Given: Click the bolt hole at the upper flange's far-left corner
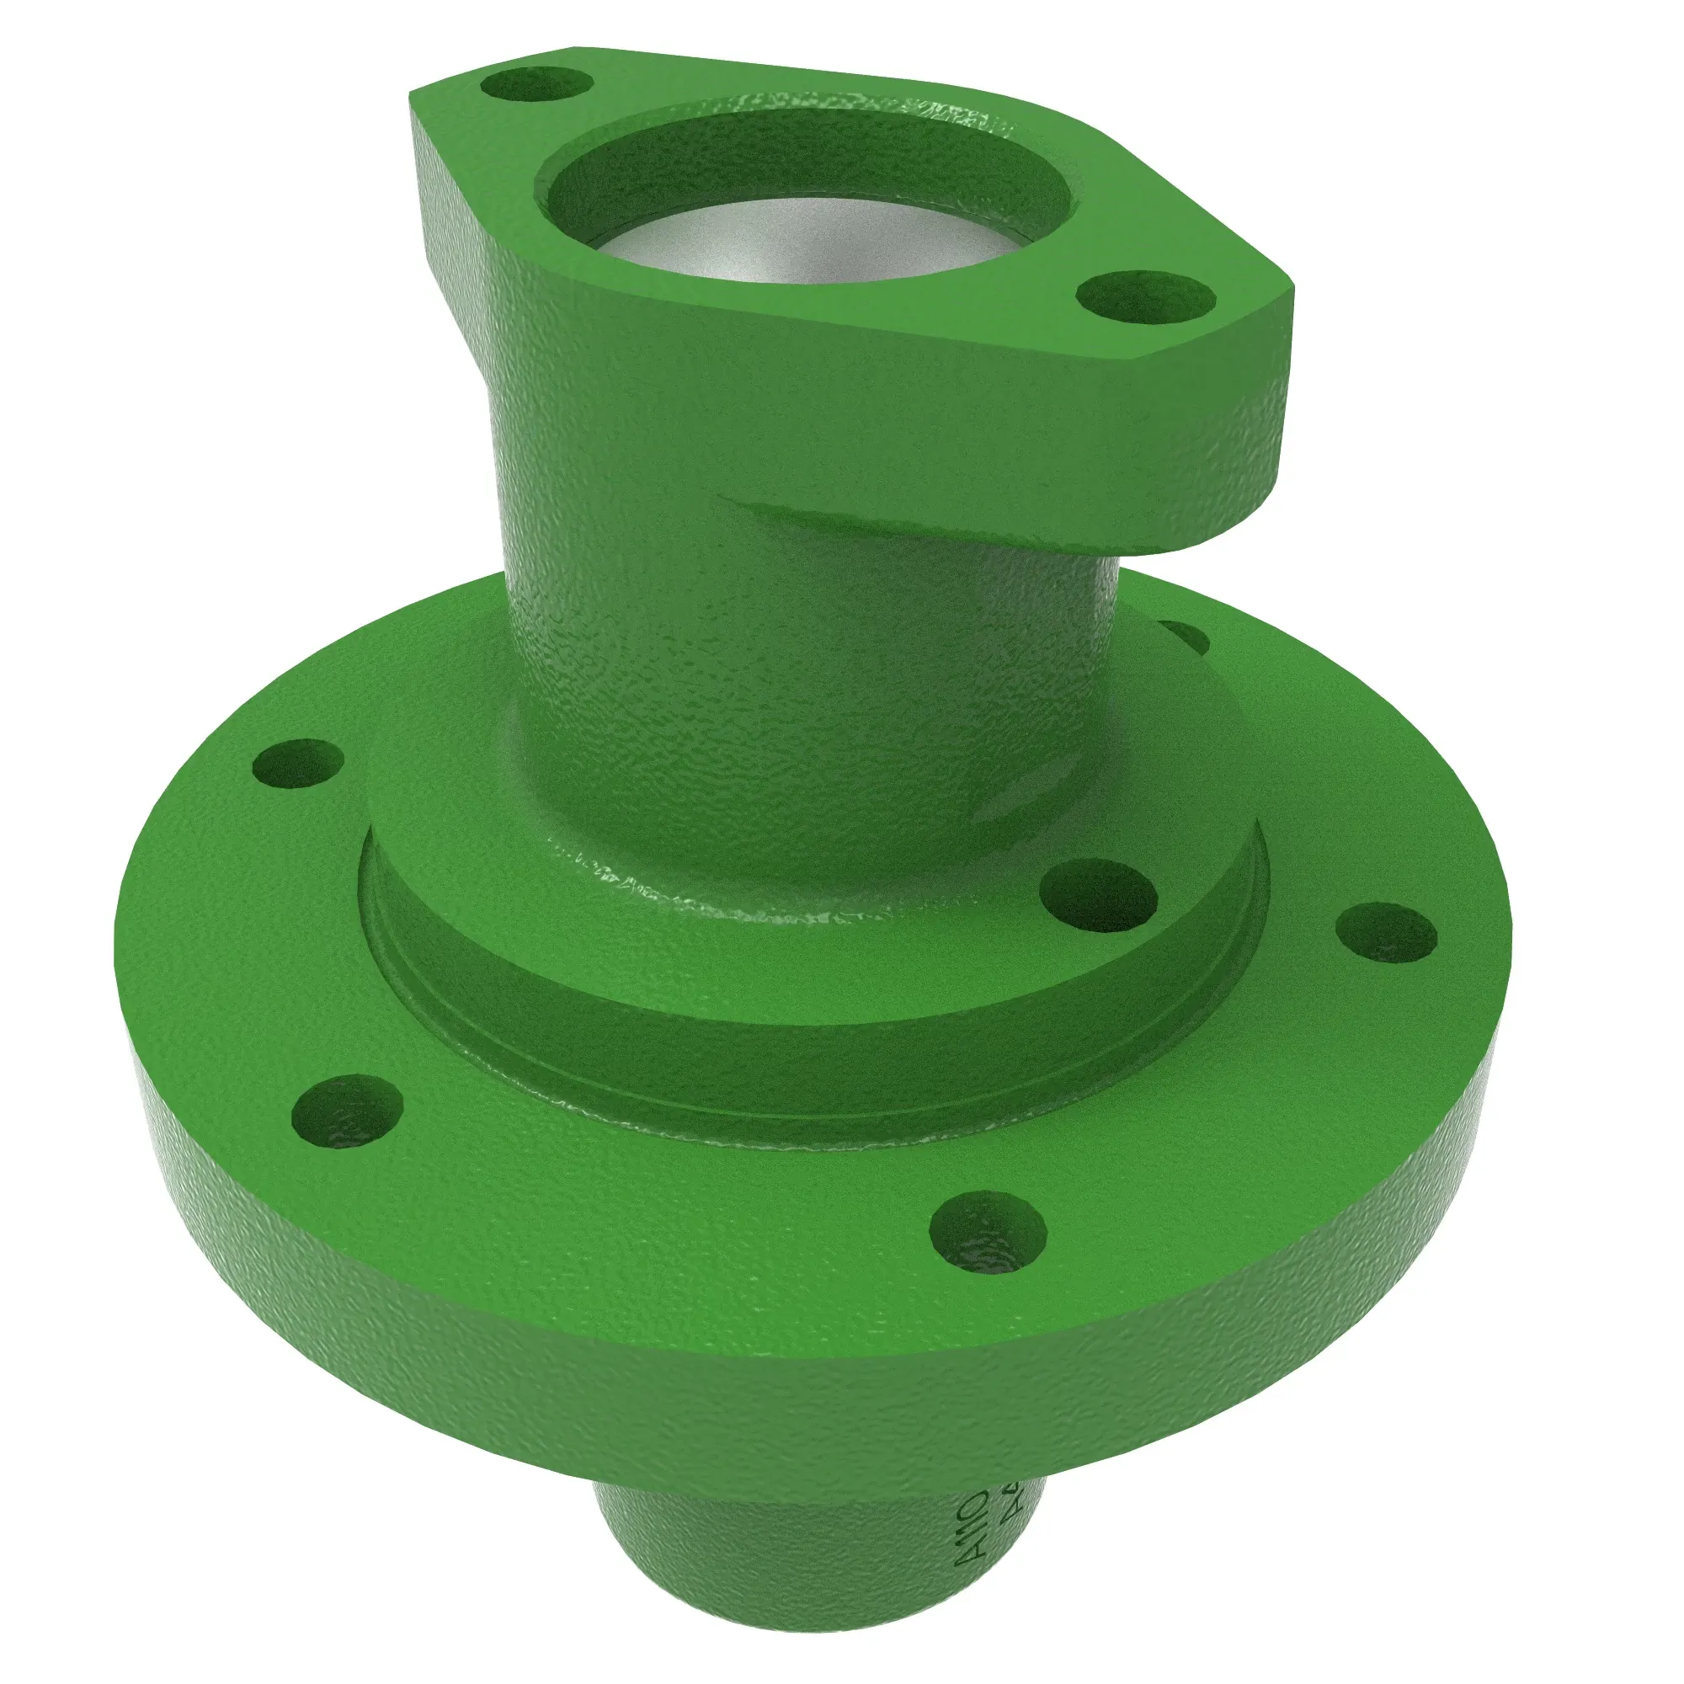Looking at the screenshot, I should click(536, 88).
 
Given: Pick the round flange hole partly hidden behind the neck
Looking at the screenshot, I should click(1186, 637).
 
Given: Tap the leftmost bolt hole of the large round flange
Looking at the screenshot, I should click(296, 765).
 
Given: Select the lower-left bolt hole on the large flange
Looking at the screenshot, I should click(347, 1111).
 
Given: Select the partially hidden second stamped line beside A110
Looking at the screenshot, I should click(1011, 1512).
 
